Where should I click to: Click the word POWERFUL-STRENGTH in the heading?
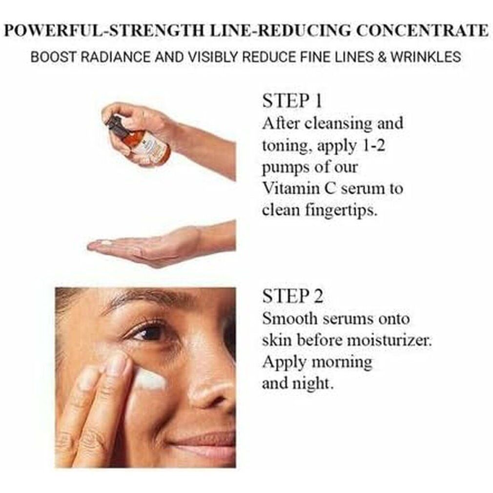coord(105,31)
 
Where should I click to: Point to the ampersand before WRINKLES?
coord(382,57)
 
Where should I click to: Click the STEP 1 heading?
coord(292,101)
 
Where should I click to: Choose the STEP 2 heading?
coord(293,296)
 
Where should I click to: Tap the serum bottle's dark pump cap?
coord(114,125)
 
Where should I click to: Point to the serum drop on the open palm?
coord(104,243)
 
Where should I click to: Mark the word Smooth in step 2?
coord(290,319)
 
